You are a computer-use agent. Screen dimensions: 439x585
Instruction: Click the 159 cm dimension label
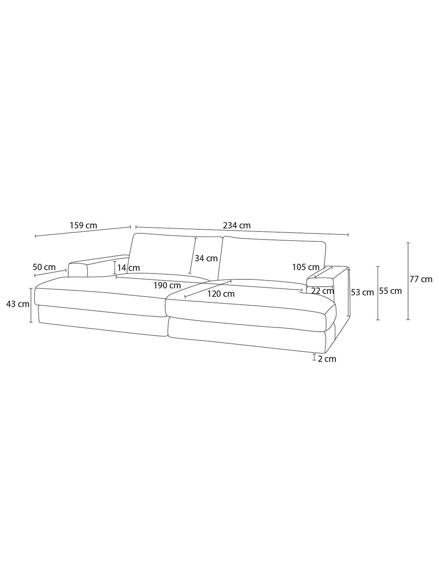pyautogui.click(x=83, y=226)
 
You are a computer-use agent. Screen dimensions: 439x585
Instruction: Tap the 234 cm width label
pyautogui.click(x=237, y=226)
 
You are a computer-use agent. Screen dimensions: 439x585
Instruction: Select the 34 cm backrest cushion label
pyautogui.click(x=206, y=258)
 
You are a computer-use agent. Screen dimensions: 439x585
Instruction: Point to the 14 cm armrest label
pyautogui.click(x=129, y=268)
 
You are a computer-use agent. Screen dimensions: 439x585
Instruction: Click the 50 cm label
pyautogui.click(x=44, y=267)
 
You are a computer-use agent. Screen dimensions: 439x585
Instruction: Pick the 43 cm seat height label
pyautogui.click(x=18, y=304)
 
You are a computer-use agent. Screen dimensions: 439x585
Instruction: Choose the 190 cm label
pyautogui.click(x=167, y=285)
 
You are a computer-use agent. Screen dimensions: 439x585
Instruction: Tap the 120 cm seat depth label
pyautogui.click(x=221, y=294)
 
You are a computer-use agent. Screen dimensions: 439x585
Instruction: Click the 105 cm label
pyautogui.click(x=306, y=267)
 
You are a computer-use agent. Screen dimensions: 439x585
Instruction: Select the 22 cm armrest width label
pyautogui.click(x=323, y=291)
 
